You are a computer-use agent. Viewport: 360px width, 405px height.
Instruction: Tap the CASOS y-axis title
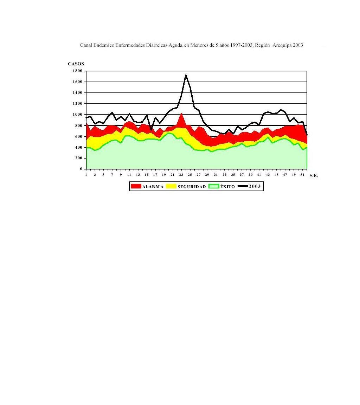click(x=76, y=64)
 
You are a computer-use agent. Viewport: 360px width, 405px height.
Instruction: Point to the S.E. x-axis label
click(x=314, y=176)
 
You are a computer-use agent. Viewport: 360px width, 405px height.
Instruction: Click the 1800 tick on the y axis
click(x=77, y=71)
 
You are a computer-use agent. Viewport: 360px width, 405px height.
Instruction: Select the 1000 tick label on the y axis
click(x=77, y=115)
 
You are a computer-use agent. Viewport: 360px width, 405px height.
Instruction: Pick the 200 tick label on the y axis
click(x=79, y=158)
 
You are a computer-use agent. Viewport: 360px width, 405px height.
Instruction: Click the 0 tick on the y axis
click(x=81, y=169)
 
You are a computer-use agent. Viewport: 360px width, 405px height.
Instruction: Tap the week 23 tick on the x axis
click(x=181, y=175)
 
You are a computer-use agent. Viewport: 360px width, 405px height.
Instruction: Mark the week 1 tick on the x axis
click(x=86, y=175)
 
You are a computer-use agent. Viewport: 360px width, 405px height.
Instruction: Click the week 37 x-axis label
click(x=242, y=175)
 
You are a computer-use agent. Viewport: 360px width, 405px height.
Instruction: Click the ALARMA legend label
click(x=153, y=187)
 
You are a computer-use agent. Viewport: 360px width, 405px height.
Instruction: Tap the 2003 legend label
click(x=255, y=187)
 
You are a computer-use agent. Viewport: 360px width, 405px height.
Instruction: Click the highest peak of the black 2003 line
click(x=186, y=75)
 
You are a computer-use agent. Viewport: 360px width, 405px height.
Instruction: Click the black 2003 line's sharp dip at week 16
click(x=151, y=129)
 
